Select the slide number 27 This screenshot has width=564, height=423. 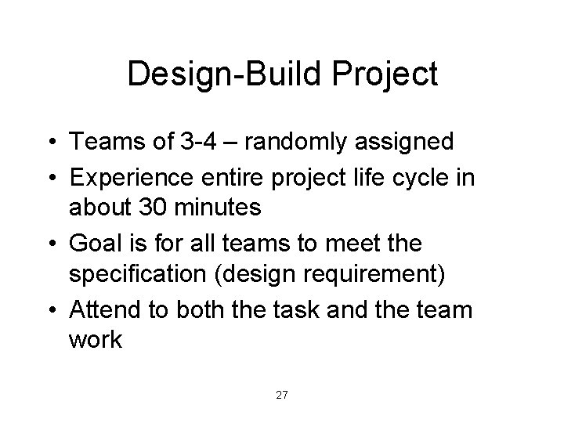(282, 395)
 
